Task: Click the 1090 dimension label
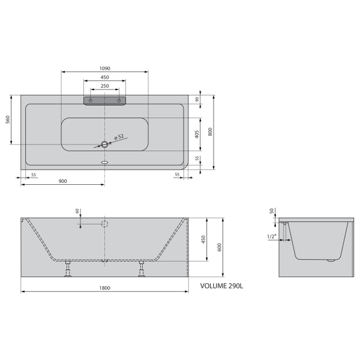(x=105, y=68)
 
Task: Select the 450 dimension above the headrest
(x=105, y=77)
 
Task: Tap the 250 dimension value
(x=105, y=86)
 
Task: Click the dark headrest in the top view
(x=105, y=100)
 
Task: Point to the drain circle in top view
(x=105, y=145)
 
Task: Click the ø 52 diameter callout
(x=119, y=137)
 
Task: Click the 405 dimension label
(x=197, y=134)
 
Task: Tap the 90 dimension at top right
(x=197, y=100)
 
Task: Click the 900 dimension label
(x=62, y=181)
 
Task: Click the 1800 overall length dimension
(x=104, y=289)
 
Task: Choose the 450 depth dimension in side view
(x=203, y=239)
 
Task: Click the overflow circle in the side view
(x=104, y=224)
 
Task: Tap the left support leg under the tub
(x=68, y=269)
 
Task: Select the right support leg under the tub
(x=142, y=269)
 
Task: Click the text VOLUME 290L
(x=222, y=286)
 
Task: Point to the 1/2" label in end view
(x=272, y=237)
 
